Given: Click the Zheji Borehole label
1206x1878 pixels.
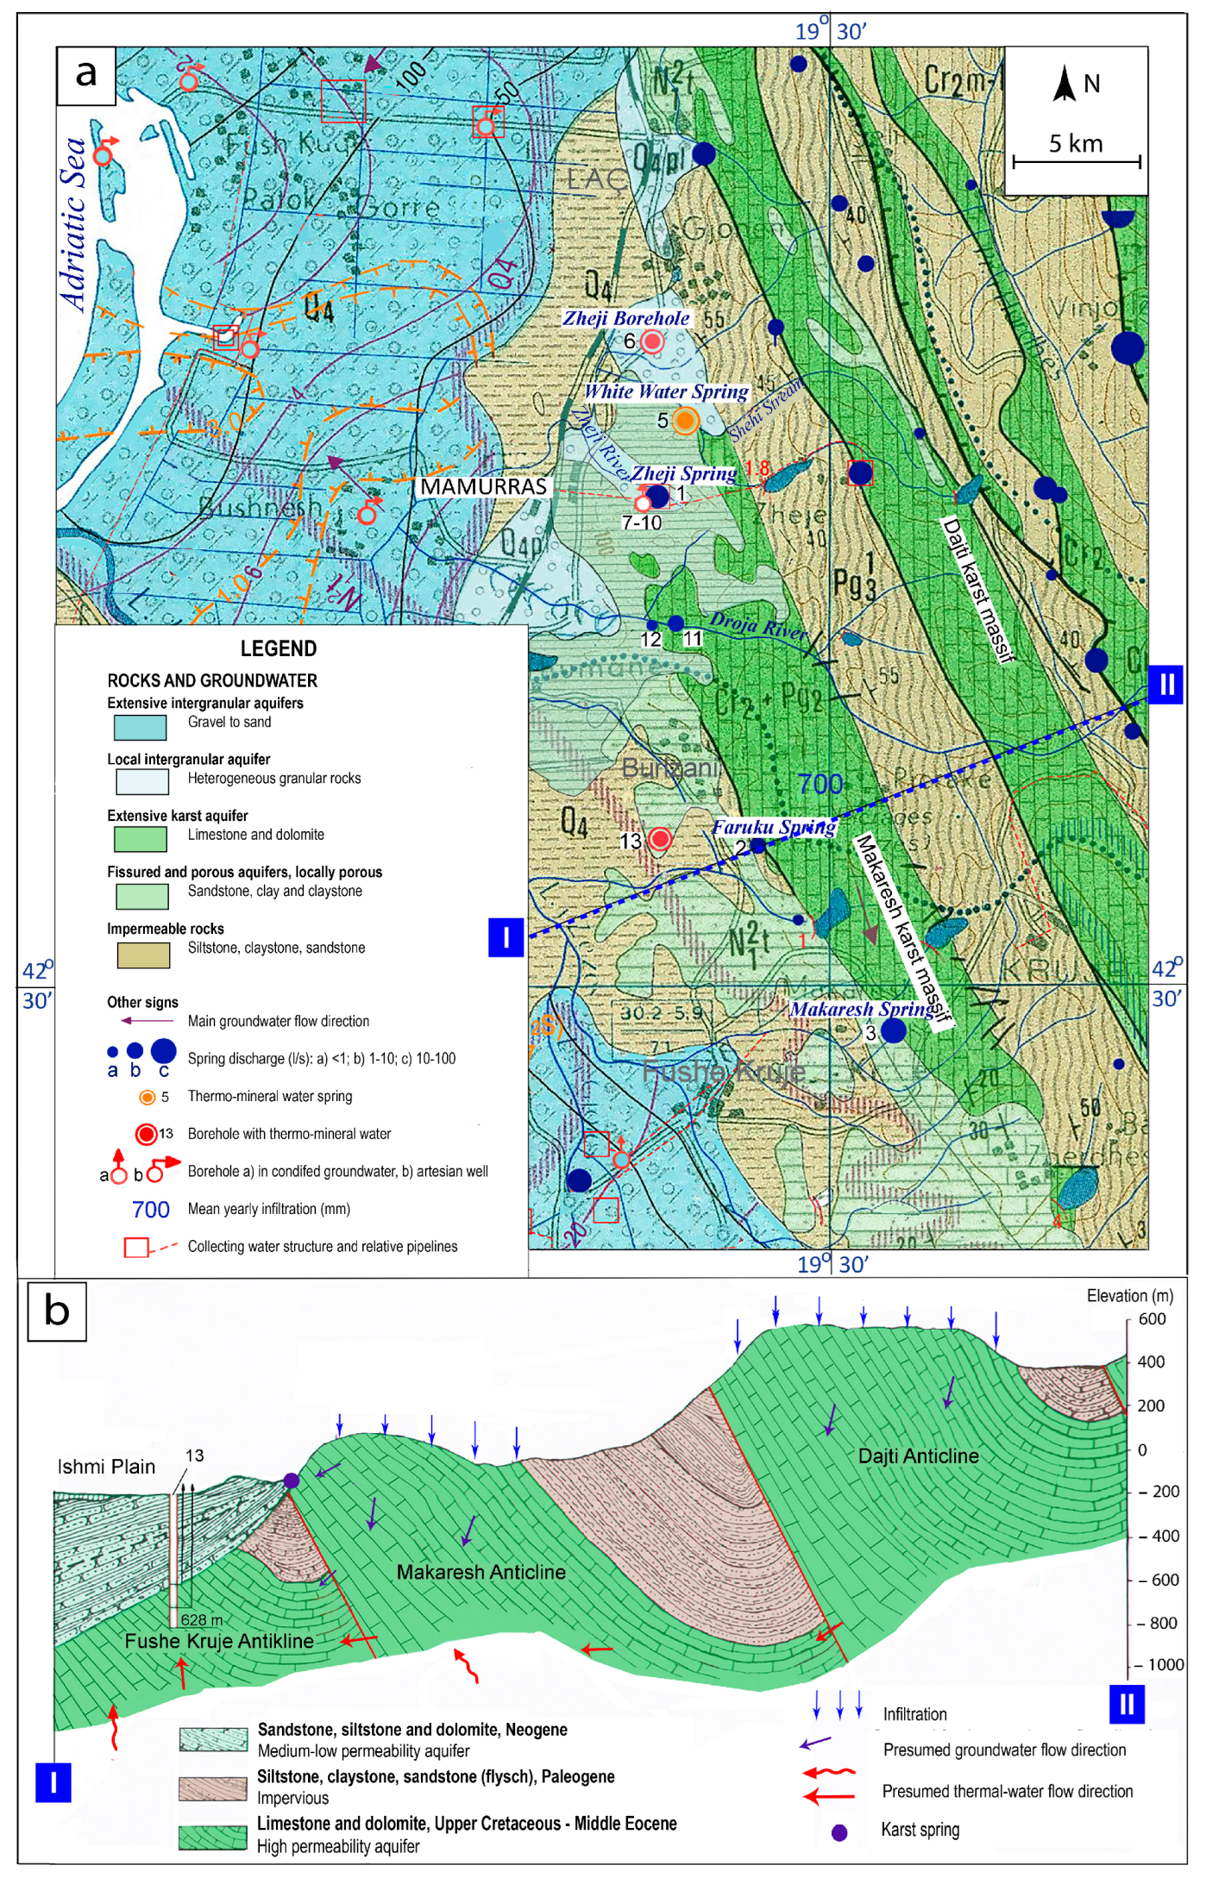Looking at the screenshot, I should (626, 318).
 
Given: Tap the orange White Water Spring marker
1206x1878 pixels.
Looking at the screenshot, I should (685, 421).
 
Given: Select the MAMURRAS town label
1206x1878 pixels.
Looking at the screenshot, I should (483, 487).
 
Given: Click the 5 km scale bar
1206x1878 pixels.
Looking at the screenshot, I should (1076, 160).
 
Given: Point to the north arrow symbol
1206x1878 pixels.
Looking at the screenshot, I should (1065, 84).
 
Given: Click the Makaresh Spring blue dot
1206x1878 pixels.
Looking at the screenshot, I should (894, 1030).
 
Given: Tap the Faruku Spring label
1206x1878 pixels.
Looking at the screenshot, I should (774, 828).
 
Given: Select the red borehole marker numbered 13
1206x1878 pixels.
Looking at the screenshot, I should (660, 839).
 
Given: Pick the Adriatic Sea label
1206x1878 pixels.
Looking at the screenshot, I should (75, 223).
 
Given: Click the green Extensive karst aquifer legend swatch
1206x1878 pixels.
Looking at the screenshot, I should (141, 839).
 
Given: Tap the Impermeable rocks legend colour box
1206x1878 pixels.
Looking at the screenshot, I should (142, 955).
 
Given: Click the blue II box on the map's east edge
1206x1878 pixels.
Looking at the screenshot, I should (1165, 685).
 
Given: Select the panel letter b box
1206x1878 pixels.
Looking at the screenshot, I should (57, 1311).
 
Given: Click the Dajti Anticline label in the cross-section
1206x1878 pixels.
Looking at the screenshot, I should (918, 1456).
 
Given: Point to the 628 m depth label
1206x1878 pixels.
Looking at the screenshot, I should (202, 1619).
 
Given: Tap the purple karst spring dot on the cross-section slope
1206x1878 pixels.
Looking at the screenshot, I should (292, 1480).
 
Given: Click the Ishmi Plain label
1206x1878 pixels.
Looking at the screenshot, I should (106, 1467).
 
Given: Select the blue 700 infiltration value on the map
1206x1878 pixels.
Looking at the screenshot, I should (820, 784).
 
